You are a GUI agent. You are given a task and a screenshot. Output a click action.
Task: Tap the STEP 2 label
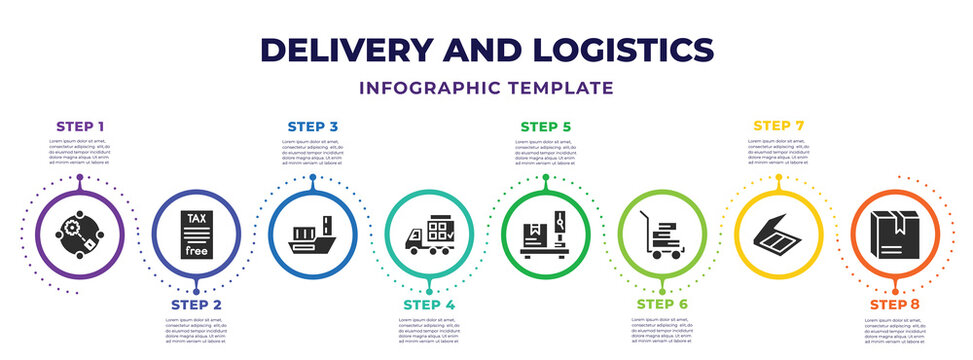[195, 304]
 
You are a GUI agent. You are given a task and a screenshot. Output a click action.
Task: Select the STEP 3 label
[312, 127]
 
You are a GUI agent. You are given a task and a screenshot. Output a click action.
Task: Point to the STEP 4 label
[429, 304]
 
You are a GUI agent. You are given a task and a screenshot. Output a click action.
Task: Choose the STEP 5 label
[546, 127]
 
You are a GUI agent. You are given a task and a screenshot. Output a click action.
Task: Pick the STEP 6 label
[662, 304]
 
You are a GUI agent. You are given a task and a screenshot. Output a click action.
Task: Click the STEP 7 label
[779, 126]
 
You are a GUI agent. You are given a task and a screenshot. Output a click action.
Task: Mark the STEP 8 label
[896, 304]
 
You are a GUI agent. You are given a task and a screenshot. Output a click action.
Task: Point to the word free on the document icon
[195, 251]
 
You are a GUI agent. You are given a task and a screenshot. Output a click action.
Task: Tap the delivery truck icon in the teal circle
[429, 237]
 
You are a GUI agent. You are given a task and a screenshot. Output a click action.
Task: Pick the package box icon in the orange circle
[896, 237]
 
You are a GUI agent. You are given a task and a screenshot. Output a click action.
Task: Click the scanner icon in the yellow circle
[779, 237]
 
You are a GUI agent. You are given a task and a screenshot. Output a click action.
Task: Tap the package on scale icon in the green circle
[546, 233]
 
